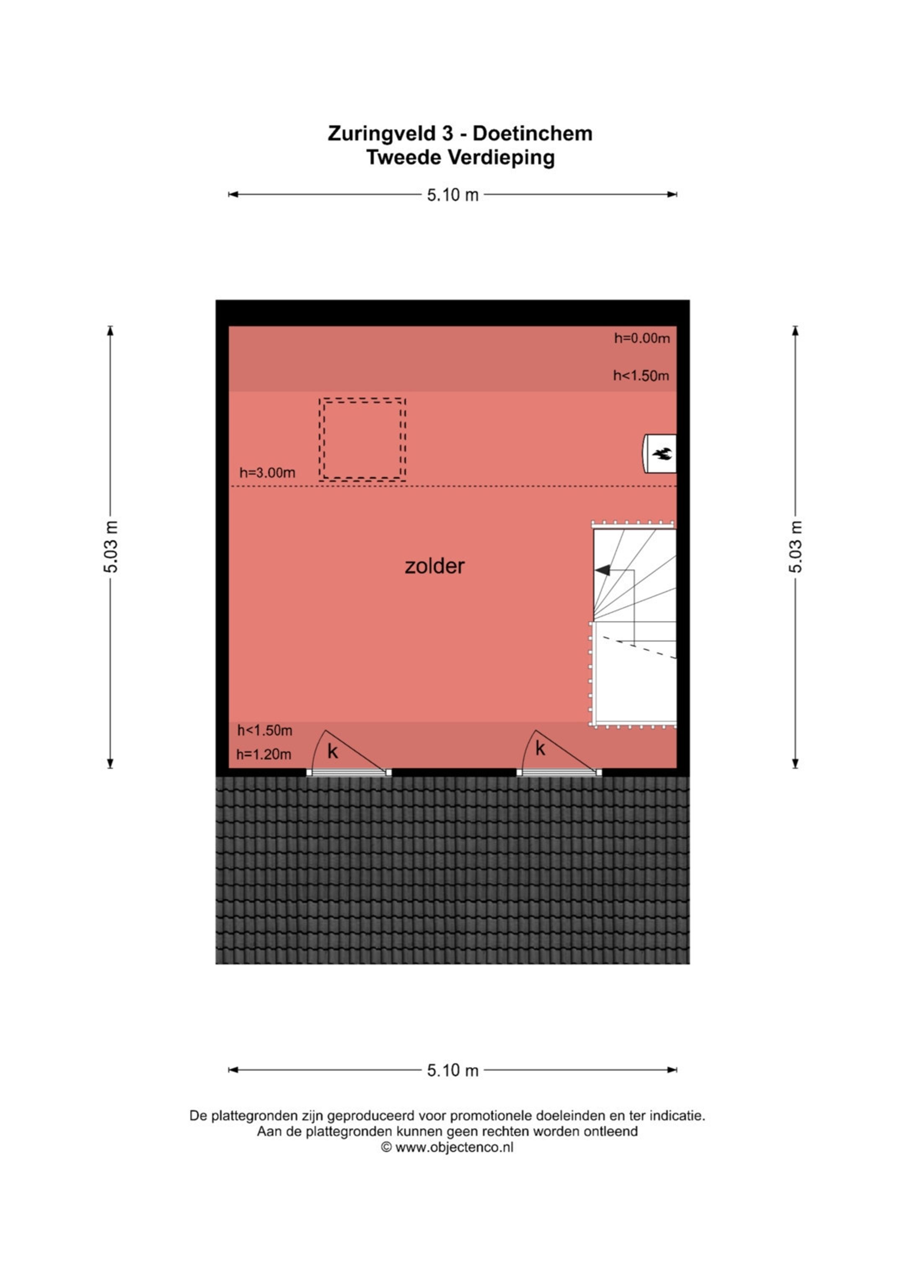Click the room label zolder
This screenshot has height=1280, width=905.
tap(434, 566)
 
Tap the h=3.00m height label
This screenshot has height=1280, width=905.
tap(267, 473)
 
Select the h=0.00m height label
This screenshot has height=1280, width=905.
tap(642, 338)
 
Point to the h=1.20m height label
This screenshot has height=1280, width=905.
tap(264, 754)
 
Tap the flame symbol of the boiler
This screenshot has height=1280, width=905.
tap(662, 454)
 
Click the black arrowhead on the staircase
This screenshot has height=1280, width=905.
tap(602, 570)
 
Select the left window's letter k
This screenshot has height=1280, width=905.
tap(333, 751)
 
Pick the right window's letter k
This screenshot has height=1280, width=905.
tap(540, 749)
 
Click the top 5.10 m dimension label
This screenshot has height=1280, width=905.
tap(452, 195)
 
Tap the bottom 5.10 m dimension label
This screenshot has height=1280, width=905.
tap(452, 1070)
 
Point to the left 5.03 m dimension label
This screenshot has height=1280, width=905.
tap(111, 547)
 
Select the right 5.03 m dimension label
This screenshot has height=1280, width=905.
tap(795, 547)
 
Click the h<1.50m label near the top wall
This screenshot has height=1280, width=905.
tap(641, 376)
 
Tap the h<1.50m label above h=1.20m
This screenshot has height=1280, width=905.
tap(265, 730)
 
